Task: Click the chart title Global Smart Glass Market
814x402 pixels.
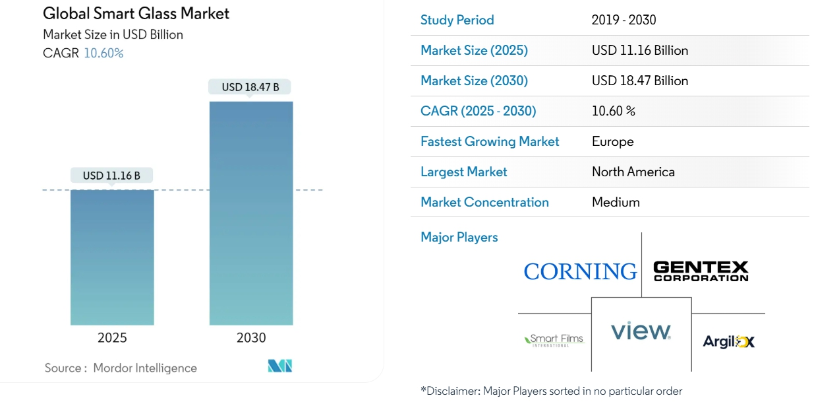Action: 136,14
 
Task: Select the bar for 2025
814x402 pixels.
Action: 112,257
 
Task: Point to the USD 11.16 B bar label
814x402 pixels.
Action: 111,176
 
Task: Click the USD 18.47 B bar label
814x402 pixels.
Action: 250,87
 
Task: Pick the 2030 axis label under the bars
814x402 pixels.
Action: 251,338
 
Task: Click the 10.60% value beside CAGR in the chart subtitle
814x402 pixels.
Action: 103,53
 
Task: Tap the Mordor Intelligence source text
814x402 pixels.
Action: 144,368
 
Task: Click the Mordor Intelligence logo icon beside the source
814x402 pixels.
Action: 279,366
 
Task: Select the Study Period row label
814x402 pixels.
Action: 457,20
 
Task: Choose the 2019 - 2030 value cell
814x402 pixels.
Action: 624,20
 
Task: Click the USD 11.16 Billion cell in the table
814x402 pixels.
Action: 639,50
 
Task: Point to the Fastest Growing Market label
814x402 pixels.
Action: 490,141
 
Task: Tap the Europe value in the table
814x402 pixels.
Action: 612,141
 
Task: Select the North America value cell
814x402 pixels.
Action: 633,172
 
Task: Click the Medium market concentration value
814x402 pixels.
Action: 616,202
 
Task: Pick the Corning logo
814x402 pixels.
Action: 580,271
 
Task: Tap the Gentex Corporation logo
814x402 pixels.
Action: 701,271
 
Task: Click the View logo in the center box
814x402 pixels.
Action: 641,331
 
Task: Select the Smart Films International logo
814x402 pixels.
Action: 554,340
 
